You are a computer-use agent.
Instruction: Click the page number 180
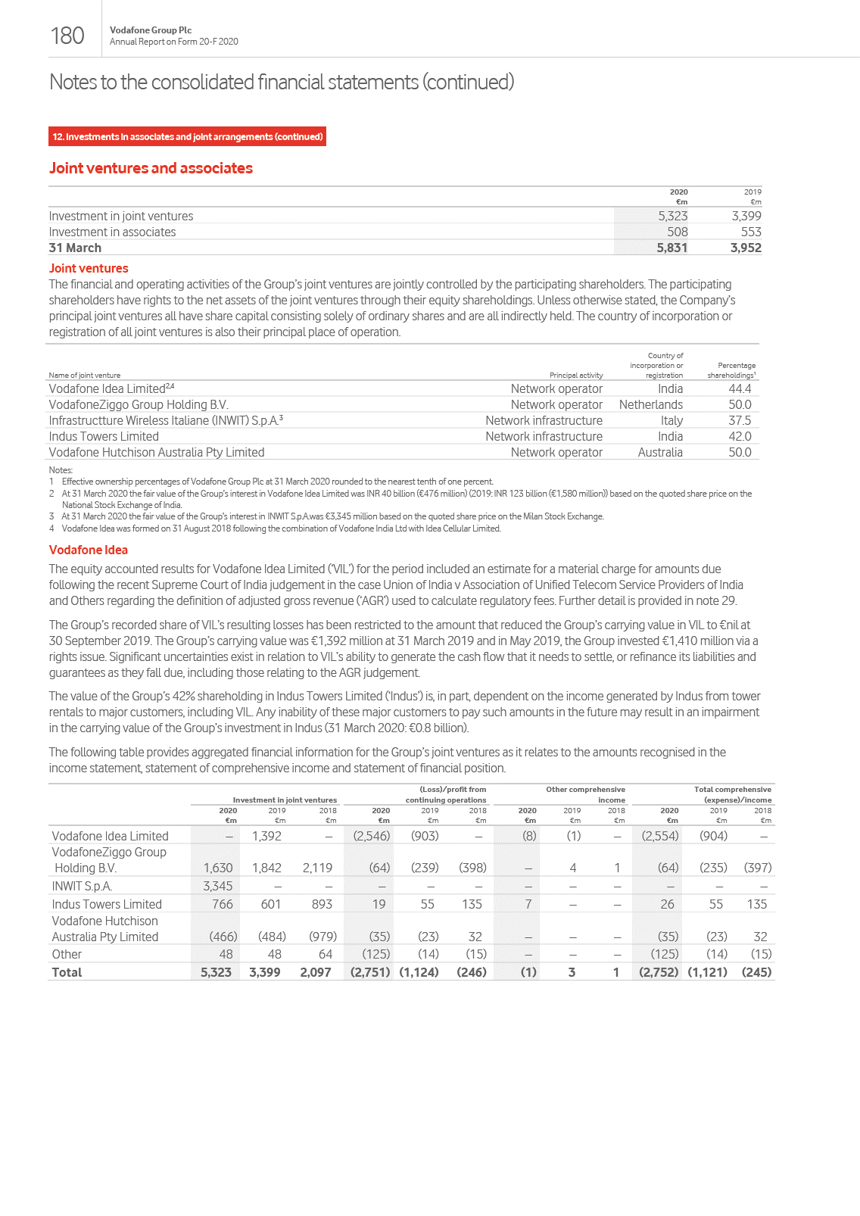click(67, 36)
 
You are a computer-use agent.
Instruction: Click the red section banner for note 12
click(188, 137)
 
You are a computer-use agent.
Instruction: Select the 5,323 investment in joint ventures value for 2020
click(672, 216)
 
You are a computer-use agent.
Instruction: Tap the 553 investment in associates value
click(750, 232)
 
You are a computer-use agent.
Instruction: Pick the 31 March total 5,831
click(671, 248)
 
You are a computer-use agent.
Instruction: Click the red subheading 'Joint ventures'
click(89, 268)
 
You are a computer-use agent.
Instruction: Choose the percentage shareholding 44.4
click(739, 388)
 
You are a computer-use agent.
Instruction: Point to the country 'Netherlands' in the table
click(650, 404)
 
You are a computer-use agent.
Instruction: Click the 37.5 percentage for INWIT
click(739, 420)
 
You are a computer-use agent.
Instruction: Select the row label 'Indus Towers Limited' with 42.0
click(104, 436)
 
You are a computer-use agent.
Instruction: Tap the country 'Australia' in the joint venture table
click(660, 452)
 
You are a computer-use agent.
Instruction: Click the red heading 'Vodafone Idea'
click(88, 550)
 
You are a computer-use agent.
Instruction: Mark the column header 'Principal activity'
click(575, 375)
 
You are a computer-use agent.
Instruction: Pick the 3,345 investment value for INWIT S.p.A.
click(218, 886)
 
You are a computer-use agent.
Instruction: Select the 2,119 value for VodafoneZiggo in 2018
click(317, 868)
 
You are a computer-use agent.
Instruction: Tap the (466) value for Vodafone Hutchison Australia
click(223, 937)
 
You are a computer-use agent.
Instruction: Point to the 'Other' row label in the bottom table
click(67, 954)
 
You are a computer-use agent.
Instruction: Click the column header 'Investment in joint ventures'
click(285, 800)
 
